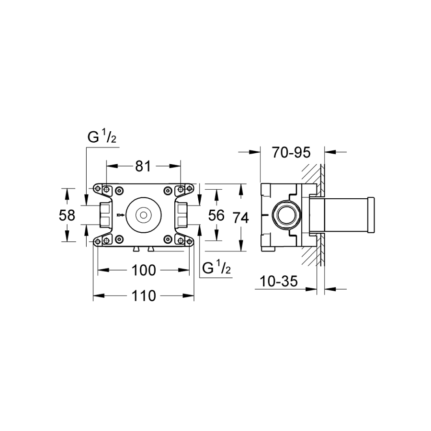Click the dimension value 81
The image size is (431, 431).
(143, 166)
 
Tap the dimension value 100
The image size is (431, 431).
(144, 270)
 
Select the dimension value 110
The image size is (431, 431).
(144, 296)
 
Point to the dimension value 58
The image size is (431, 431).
(67, 215)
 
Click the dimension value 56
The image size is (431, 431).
(216, 215)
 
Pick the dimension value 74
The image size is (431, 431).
(241, 218)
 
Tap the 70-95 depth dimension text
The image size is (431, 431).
(291, 152)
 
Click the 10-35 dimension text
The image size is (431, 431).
(278, 281)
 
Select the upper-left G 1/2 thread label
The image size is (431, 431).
(102, 136)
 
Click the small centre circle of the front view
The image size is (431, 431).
(144, 215)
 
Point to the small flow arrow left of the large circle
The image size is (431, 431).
(121, 215)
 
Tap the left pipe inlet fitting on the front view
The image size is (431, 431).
(106, 215)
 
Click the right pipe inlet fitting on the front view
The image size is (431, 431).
(181, 215)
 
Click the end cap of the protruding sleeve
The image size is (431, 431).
(371, 215)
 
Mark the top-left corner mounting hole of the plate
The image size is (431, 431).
(97, 189)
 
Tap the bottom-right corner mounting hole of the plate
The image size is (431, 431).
(189, 241)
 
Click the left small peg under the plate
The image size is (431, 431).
(136, 249)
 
